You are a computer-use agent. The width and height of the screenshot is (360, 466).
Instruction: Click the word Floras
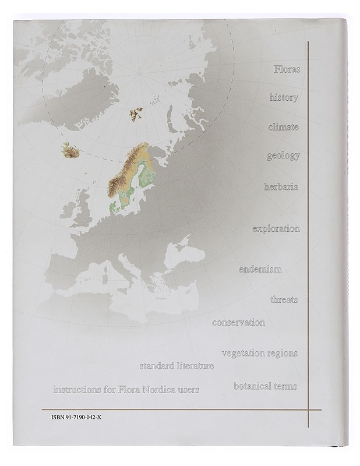[287, 69]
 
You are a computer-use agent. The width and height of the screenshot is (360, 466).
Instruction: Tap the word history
[284, 97]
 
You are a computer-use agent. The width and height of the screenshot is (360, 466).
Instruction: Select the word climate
[283, 127]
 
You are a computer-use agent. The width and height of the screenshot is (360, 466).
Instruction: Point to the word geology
[283, 156]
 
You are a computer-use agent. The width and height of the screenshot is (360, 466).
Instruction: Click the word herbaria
[281, 187]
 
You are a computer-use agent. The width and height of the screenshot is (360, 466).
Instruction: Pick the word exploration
[276, 229]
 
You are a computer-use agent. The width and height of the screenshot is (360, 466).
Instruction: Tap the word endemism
[260, 269]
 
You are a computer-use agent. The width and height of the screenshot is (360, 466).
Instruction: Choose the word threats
[284, 299]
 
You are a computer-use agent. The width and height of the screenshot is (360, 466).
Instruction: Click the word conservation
[238, 322]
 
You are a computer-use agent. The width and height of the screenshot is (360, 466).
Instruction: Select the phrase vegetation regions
[260, 353]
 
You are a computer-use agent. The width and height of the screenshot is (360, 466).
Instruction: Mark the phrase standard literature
[177, 366]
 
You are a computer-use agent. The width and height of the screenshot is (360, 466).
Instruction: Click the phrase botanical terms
[265, 386]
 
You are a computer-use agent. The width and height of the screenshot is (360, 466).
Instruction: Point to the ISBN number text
[76, 418]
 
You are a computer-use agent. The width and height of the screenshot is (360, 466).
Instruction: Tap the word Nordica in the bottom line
[158, 390]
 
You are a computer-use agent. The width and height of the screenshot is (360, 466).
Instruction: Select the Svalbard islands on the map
[137, 112]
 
